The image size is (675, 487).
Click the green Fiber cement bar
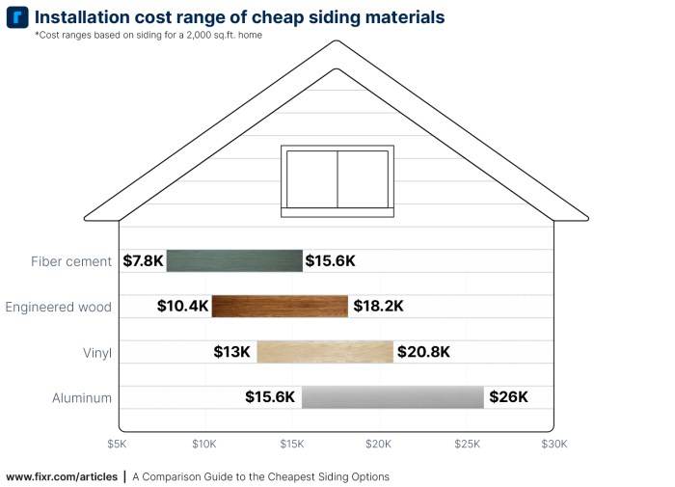[x=234, y=260]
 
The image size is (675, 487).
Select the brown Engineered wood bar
[x=280, y=307]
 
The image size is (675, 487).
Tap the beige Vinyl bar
[x=325, y=352]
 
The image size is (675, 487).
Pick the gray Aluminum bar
[x=392, y=397]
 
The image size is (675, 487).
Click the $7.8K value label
[x=143, y=260]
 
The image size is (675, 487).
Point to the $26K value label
[x=508, y=397]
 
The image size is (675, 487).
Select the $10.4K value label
[x=183, y=307]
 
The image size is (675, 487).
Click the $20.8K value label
[x=423, y=352]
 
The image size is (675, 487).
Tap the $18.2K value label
[x=377, y=307]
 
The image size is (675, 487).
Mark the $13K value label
[x=233, y=352]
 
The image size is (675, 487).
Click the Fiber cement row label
[x=71, y=261]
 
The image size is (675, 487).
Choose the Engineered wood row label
[x=58, y=308]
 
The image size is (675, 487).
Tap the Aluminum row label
[x=82, y=398]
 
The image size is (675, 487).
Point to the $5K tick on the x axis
[x=117, y=445]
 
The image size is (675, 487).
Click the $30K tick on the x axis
[x=554, y=445]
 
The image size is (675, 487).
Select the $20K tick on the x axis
[x=379, y=445]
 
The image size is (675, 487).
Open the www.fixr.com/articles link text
[x=62, y=476]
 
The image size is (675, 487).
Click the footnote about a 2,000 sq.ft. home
[x=148, y=36]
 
